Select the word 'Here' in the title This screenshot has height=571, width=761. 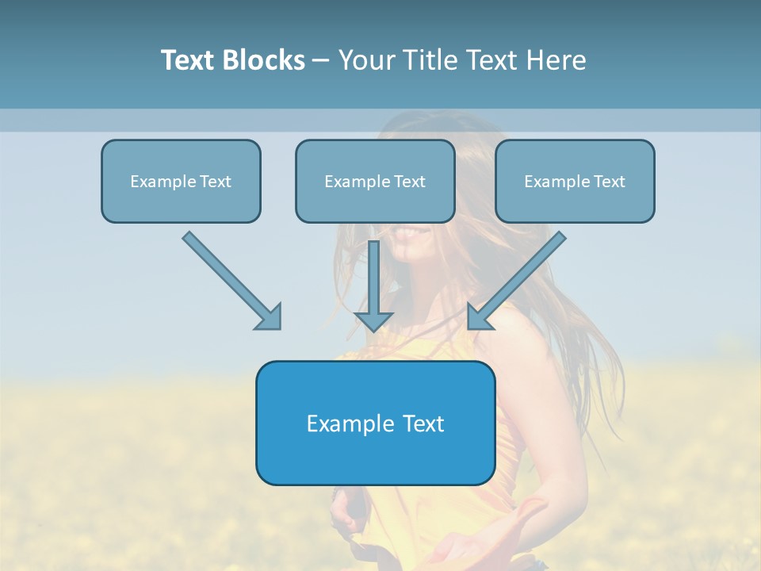pos(558,60)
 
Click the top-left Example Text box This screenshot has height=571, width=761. pos(181,181)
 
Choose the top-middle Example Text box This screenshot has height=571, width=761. pos(375,181)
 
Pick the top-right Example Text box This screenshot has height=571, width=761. pos(575,181)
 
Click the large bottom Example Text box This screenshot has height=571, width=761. pos(375,423)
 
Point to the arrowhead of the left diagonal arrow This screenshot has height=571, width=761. pos(270,317)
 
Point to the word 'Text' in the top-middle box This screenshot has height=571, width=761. pos(410,182)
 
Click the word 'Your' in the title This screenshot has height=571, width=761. pos(367,60)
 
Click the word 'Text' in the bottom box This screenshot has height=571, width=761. pos(423,423)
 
